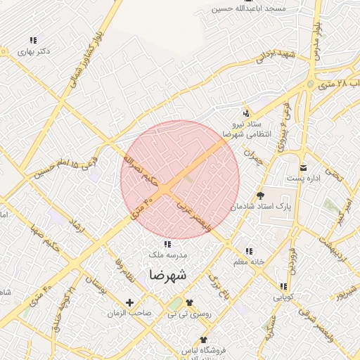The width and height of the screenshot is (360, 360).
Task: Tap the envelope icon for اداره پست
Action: (x=303, y=167)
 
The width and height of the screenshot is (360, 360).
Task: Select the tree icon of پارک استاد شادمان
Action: (x=262, y=195)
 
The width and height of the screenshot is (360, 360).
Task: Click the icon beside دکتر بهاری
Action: (x=32, y=41)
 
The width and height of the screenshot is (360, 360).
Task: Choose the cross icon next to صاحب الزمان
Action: (x=129, y=302)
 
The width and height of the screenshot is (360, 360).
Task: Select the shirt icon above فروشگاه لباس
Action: (x=204, y=339)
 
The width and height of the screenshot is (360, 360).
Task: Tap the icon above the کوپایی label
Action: (x=283, y=286)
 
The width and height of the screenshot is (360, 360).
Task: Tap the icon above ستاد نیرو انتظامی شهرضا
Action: (x=245, y=112)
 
